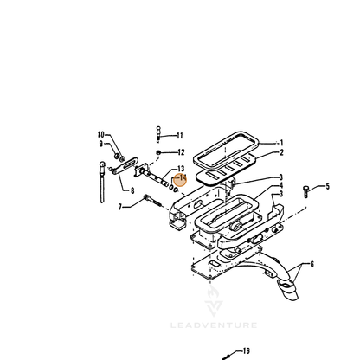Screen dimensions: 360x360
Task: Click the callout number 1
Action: click(281, 143)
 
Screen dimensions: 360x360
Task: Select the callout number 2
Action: click(282, 152)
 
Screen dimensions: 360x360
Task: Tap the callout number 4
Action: click(281, 185)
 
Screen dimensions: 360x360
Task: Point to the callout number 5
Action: click(327, 186)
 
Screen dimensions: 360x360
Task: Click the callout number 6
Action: click(312, 264)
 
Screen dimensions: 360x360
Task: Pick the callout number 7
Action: click(120, 207)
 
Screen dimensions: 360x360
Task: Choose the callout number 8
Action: click(132, 190)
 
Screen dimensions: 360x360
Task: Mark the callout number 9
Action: click(101, 144)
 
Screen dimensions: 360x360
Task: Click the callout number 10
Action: click(100, 134)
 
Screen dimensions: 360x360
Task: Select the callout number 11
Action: click(180, 136)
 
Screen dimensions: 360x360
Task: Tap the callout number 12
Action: click(181, 152)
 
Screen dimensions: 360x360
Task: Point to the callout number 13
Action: click(181, 169)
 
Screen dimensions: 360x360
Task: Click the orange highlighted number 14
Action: click(183, 178)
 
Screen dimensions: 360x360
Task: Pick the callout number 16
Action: click(246, 350)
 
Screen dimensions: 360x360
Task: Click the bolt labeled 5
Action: click(305, 192)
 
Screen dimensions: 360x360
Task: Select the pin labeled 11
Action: click(158, 133)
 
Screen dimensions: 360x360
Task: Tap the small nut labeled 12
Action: click(158, 152)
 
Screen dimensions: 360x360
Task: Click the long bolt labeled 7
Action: click(153, 201)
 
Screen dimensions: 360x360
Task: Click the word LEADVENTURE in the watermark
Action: click(214, 325)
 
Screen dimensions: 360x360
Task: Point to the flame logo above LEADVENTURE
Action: click(214, 300)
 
